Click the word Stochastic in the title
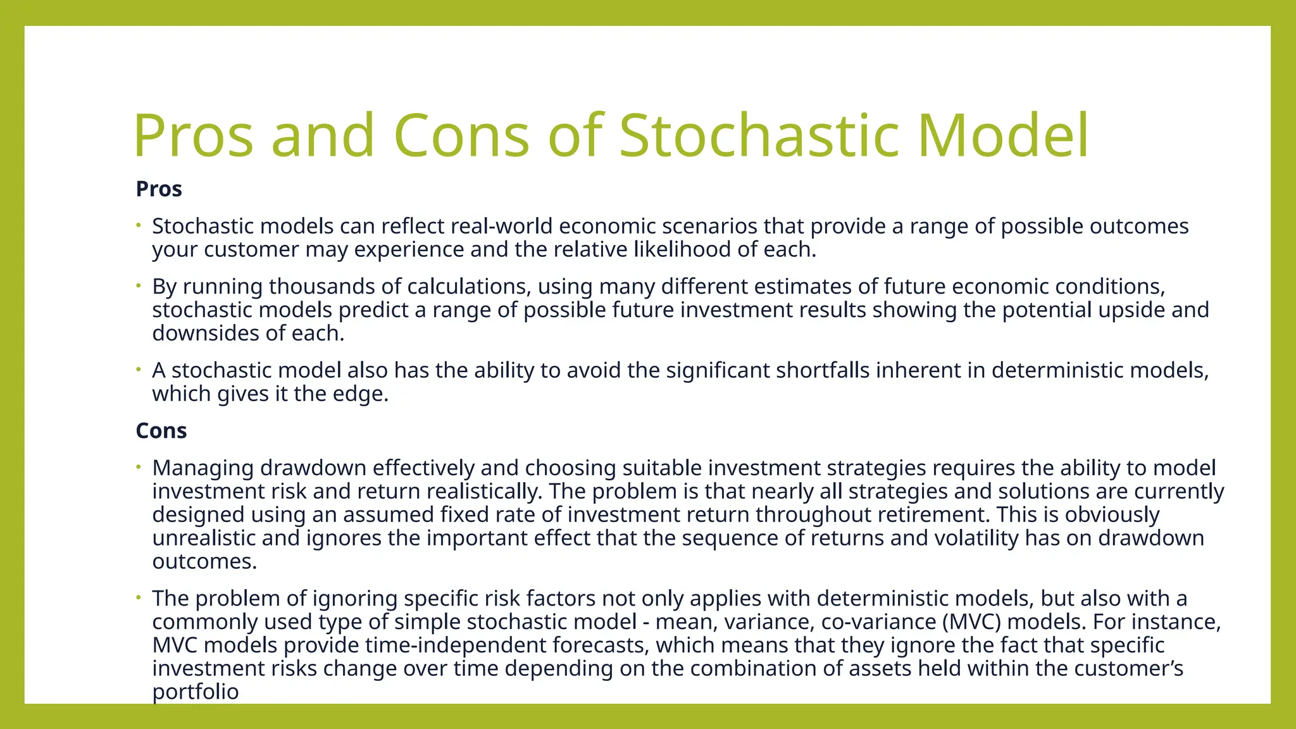[x=758, y=135]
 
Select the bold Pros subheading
[x=159, y=189]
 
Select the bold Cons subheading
[x=161, y=430]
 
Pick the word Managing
[x=202, y=468]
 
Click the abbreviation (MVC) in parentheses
[x=971, y=621]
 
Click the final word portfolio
[x=195, y=692]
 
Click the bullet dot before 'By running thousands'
[x=137, y=286]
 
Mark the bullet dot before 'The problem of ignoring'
[x=137, y=598]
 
